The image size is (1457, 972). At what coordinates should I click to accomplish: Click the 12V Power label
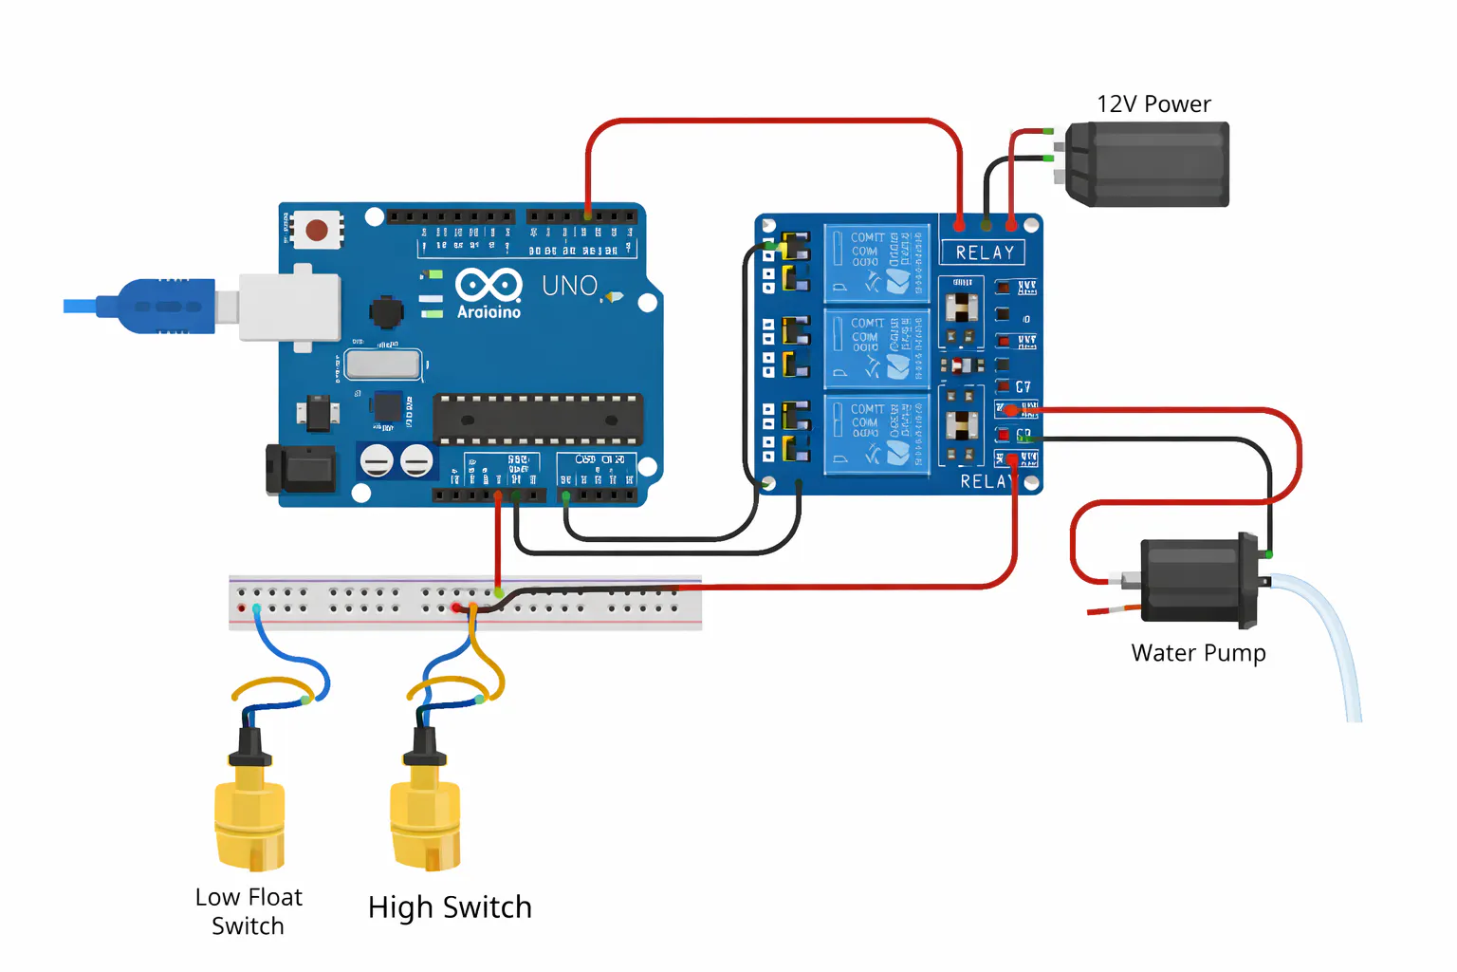(x=1153, y=104)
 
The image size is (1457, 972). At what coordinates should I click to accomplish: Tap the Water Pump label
(x=1198, y=653)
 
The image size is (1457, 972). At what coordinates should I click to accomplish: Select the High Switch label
(x=450, y=907)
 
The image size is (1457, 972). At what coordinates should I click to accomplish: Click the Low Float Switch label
(x=249, y=911)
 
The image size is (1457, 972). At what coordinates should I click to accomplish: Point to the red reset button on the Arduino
(x=317, y=230)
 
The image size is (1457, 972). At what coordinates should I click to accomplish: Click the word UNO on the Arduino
(x=569, y=286)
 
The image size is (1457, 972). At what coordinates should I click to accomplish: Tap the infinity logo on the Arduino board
(x=489, y=284)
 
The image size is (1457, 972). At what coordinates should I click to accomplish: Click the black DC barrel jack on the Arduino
(x=304, y=469)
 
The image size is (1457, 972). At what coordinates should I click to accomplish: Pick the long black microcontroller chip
(x=538, y=420)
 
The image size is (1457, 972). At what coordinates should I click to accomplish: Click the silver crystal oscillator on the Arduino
(x=382, y=364)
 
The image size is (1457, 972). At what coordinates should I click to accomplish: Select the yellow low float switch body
(x=249, y=816)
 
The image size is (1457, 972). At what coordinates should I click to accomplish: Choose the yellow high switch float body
(x=425, y=816)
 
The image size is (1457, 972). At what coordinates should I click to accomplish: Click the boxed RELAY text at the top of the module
(x=983, y=252)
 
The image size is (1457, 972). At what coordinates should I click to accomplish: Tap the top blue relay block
(x=876, y=262)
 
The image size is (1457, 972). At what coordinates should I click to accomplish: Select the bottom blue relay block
(x=876, y=434)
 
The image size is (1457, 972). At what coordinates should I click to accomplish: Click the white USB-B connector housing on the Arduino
(x=289, y=307)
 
